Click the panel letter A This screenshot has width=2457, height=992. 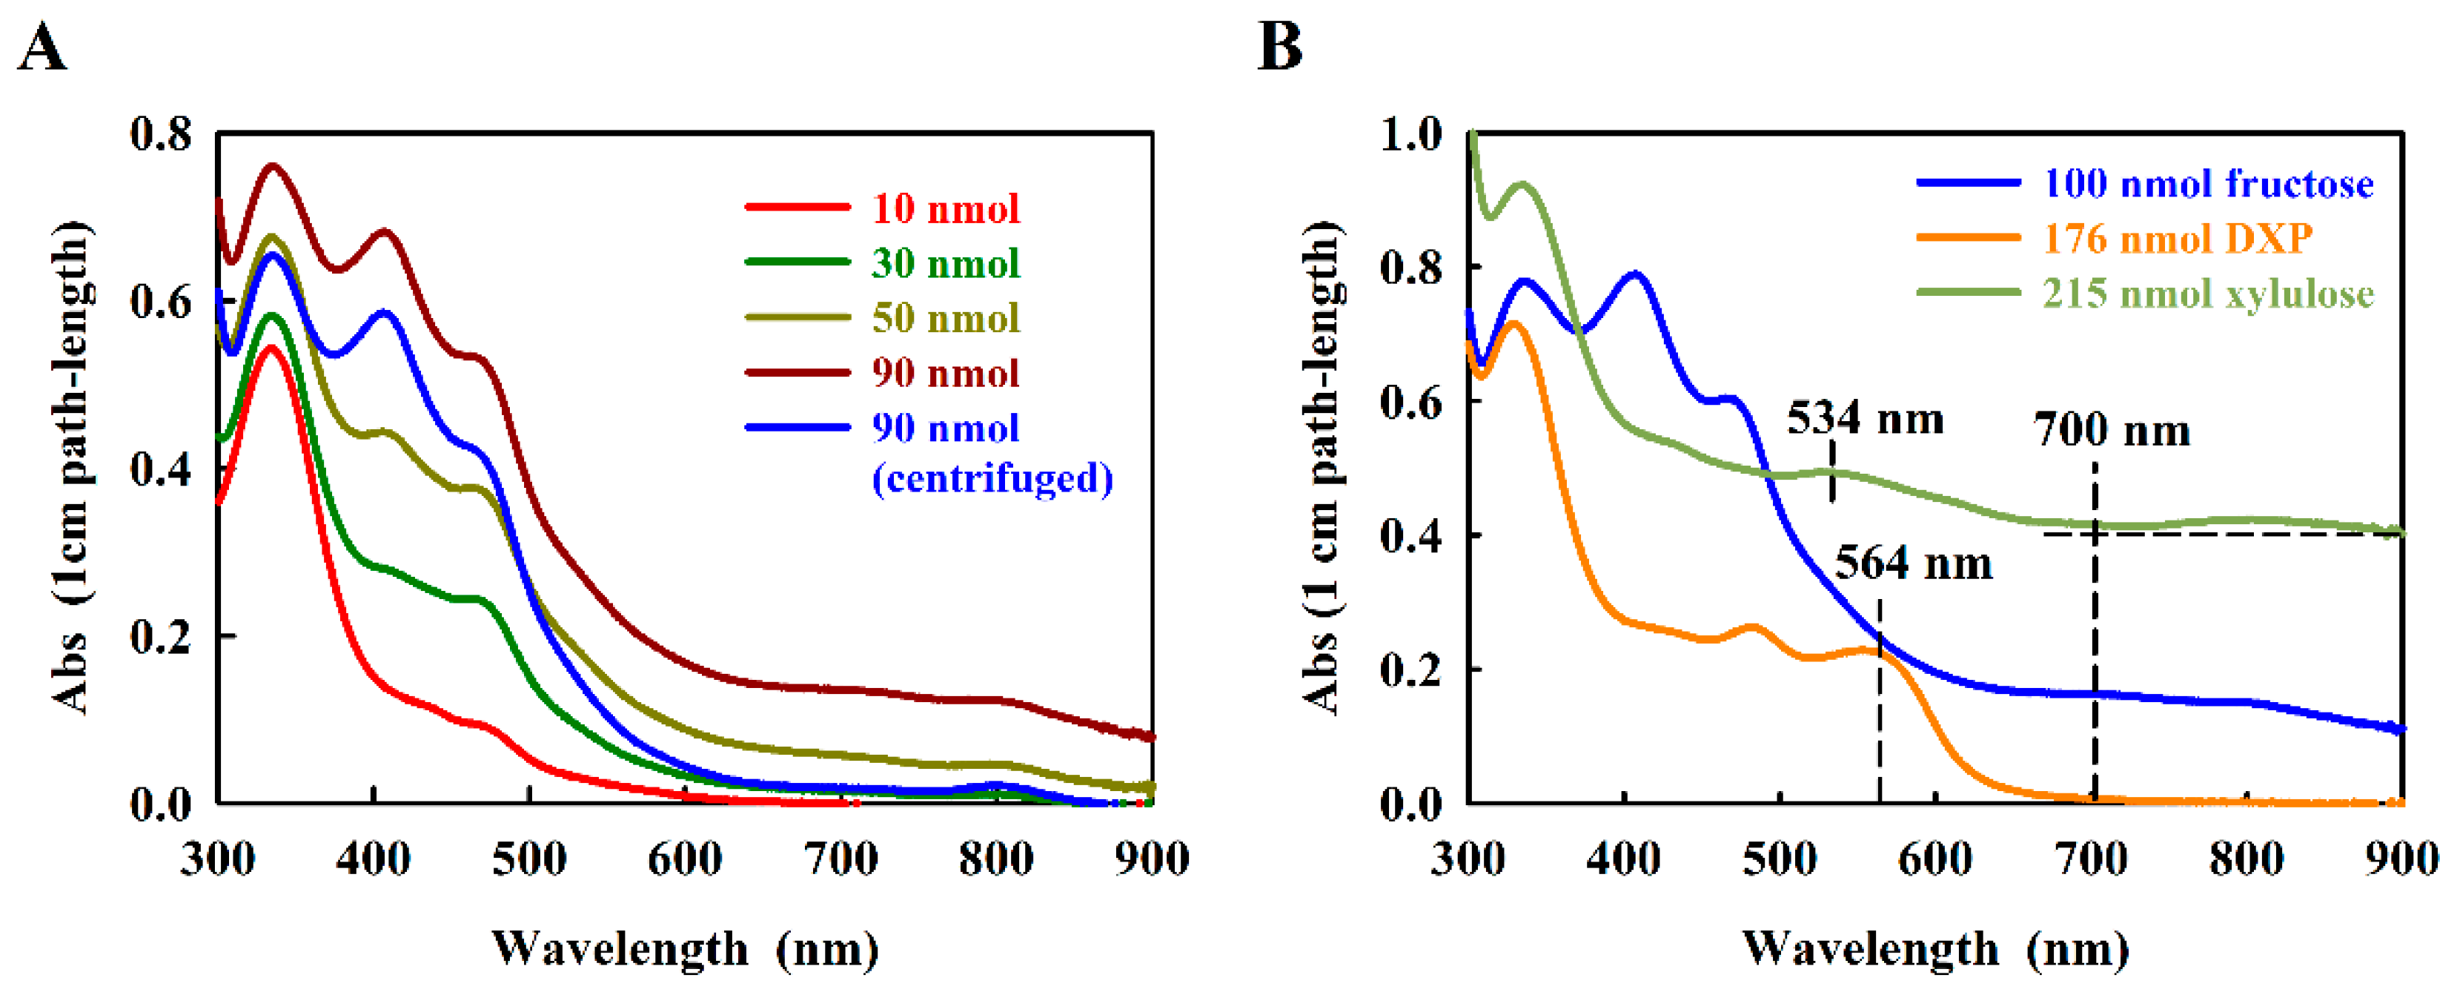[x=42, y=47]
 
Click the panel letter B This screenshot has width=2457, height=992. [x=1279, y=47]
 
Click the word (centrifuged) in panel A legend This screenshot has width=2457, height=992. [x=992, y=478]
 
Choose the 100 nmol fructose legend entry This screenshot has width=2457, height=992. [x=2207, y=183]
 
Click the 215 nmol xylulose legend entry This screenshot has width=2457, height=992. [x=2207, y=294]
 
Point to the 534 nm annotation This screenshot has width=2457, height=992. [x=1865, y=419]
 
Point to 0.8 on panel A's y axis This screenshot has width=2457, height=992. [x=160, y=134]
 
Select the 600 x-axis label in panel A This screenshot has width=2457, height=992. [x=685, y=859]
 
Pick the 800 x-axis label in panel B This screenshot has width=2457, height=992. [x=2247, y=859]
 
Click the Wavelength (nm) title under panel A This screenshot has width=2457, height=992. [x=685, y=949]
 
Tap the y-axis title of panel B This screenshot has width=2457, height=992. [x=1323, y=467]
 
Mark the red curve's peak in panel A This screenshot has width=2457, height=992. [x=271, y=348]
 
